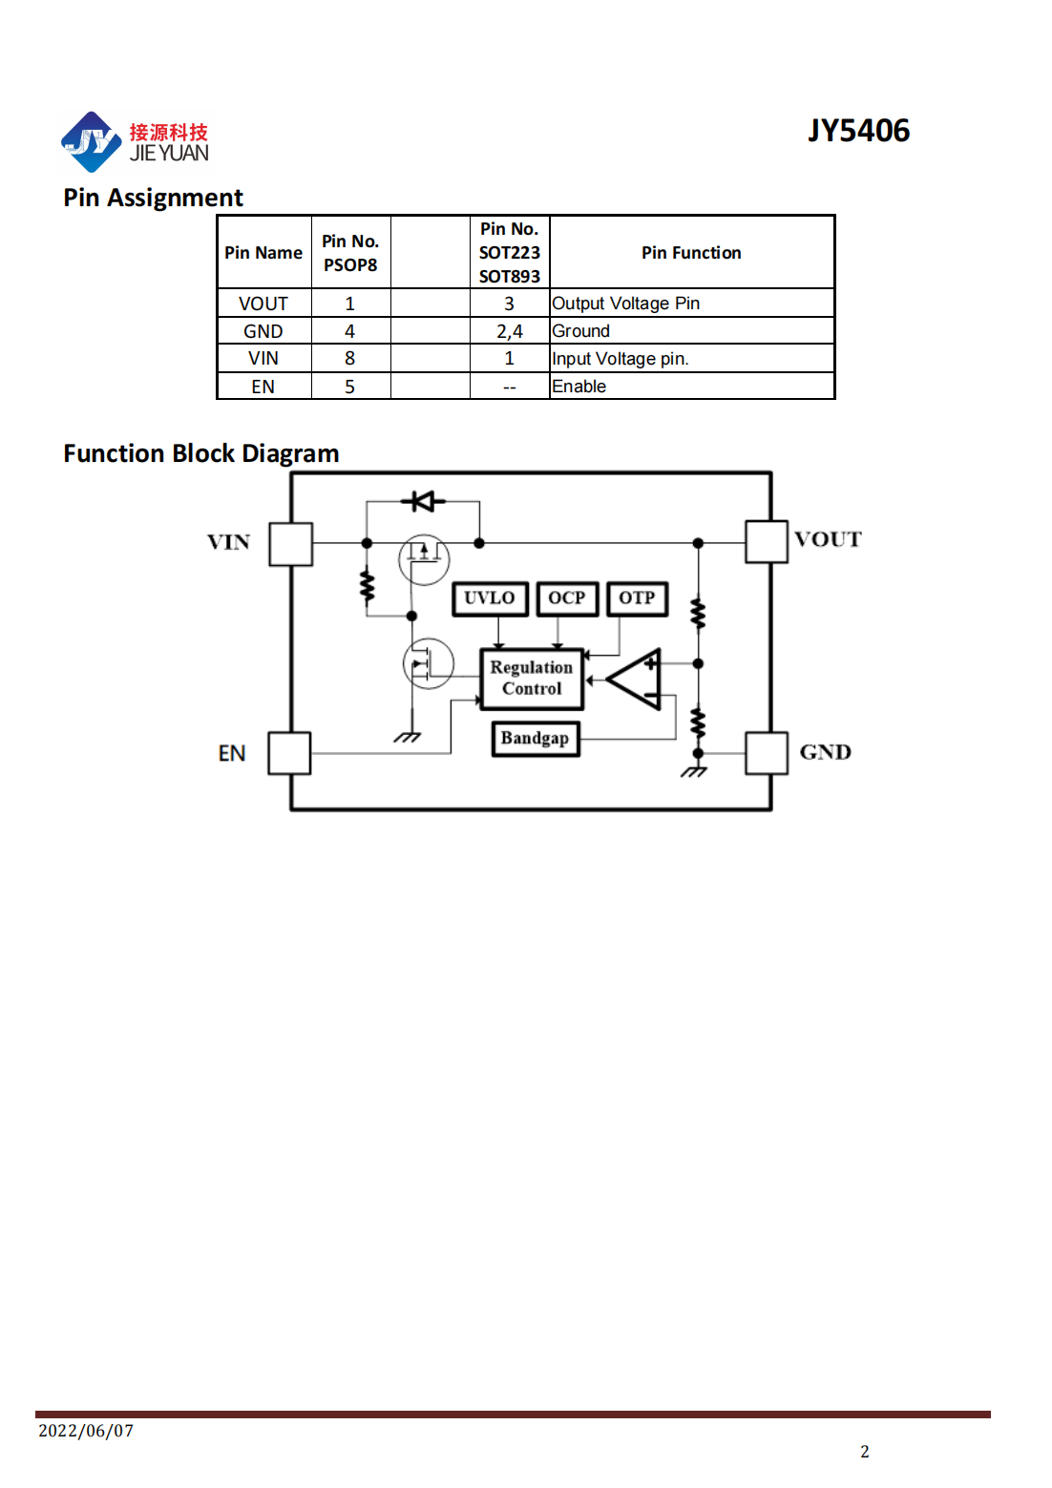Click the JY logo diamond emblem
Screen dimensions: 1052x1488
coord(91,141)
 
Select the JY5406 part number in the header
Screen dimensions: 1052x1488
coord(858,131)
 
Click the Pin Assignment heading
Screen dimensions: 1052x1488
coord(153,198)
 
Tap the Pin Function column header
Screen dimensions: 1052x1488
coord(691,252)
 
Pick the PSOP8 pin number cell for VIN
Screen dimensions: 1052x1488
coord(350,358)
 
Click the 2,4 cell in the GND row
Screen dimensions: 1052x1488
coord(509,331)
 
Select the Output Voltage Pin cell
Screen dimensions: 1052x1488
coord(625,304)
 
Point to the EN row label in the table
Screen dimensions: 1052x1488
coord(263,387)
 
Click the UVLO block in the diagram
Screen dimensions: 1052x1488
coord(490,598)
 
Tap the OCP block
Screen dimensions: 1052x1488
coord(567,598)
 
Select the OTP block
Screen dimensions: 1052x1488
coord(637,598)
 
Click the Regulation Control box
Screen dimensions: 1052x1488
coord(532,679)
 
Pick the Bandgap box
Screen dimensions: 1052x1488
coord(535,739)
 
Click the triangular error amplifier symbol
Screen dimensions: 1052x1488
coord(634,679)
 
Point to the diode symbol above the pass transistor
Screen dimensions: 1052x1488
coord(423,501)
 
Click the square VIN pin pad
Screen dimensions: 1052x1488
coord(290,544)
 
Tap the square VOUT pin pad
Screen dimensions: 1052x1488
coord(767,541)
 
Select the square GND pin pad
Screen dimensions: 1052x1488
coord(767,753)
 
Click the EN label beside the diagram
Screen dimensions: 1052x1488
coord(232,753)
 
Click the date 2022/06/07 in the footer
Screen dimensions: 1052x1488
coord(86,1430)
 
